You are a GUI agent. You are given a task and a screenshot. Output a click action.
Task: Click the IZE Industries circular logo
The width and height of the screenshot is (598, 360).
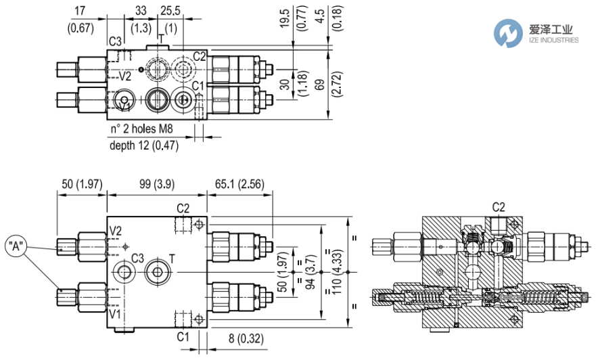(x=508, y=34)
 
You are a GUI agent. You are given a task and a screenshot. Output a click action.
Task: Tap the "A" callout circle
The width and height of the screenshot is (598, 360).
(x=16, y=247)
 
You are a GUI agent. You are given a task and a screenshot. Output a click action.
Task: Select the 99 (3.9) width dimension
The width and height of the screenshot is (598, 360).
(x=157, y=185)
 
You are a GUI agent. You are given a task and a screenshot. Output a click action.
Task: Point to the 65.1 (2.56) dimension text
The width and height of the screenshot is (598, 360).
(x=239, y=185)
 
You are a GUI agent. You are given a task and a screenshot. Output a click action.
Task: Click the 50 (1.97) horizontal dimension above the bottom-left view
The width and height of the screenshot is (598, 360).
(x=82, y=185)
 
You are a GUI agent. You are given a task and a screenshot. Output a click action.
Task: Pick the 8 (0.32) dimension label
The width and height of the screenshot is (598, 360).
(x=246, y=338)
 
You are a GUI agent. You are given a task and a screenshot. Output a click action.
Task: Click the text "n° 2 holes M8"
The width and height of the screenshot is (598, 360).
(x=141, y=129)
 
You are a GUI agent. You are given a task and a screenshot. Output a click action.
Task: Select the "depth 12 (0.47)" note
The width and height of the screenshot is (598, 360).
(x=144, y=145)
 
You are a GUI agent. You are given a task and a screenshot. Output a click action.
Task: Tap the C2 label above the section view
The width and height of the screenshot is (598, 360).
(x=499, y=207)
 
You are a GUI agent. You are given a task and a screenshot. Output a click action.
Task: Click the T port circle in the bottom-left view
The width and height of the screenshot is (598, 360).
(x=157, y=272)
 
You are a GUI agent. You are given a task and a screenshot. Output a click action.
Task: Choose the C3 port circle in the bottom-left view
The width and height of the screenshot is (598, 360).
(x=124, y=272)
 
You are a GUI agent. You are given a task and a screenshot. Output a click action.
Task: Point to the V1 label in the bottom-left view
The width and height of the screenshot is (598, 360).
(x=115, y=314)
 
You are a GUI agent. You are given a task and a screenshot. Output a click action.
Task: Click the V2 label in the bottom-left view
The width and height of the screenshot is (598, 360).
(x=115, y=231)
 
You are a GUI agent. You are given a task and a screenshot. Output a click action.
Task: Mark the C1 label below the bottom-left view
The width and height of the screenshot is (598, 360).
(x=183, y=336)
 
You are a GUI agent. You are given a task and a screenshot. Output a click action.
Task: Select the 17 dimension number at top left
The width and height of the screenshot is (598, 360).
(x=80, y=11)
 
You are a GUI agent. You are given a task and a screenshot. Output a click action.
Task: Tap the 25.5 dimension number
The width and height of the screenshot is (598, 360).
(x=170, y=11)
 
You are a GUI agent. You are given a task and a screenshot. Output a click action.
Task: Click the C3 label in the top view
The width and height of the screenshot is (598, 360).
(x=115, y=41)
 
